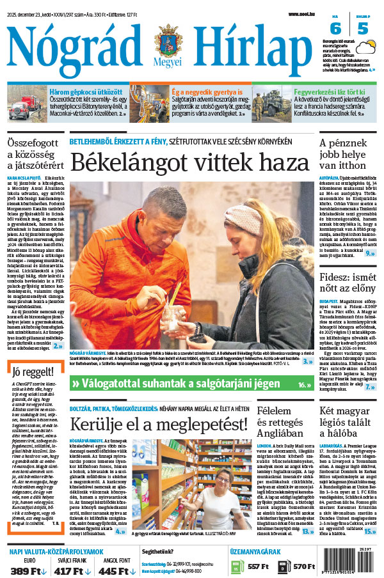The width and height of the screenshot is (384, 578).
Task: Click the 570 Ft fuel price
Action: [304, 566]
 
